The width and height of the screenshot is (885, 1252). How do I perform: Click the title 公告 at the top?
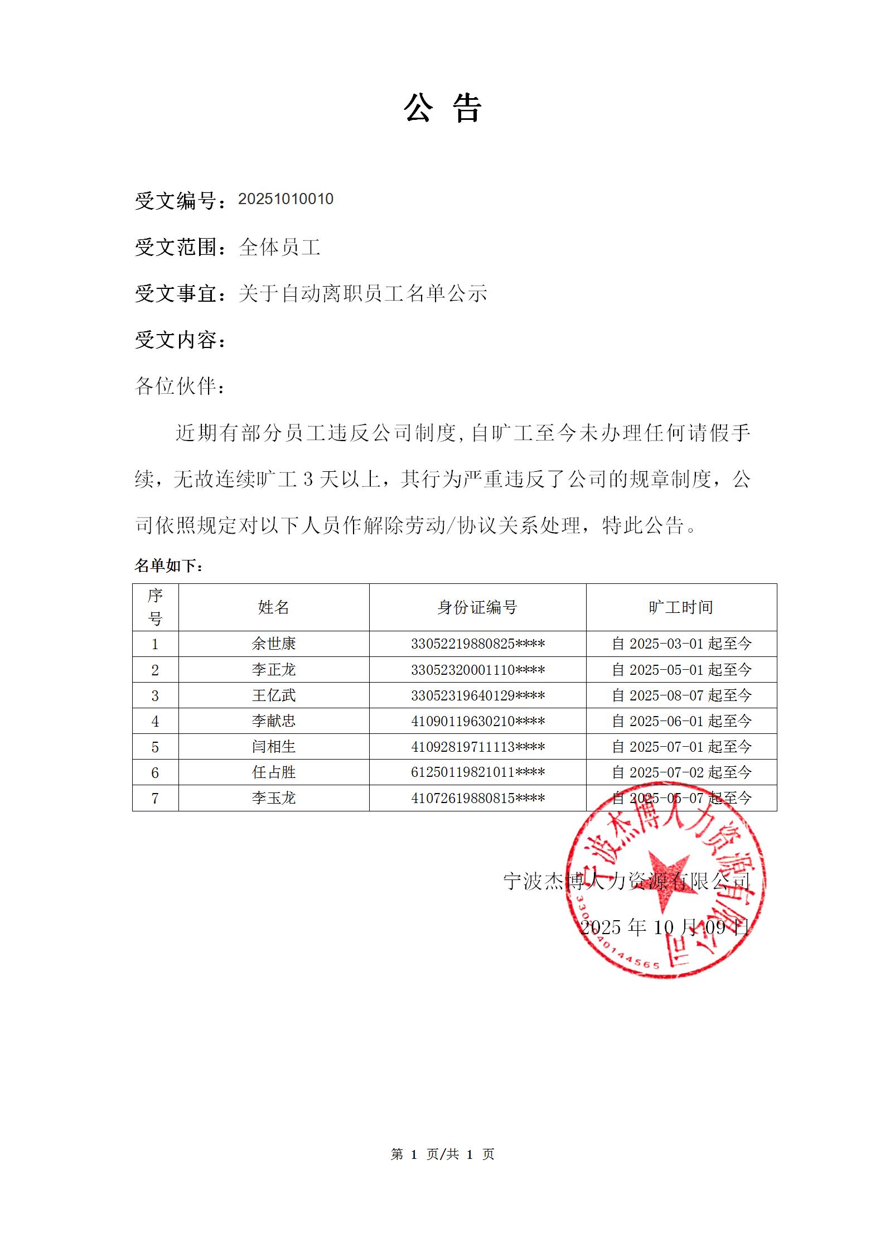[442, 108]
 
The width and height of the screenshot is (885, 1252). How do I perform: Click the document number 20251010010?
[286, 199]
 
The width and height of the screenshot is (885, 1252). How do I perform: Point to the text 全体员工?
[279, 247]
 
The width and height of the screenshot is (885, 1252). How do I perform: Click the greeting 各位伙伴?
[180, 386]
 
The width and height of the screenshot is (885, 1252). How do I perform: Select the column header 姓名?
[273, 607]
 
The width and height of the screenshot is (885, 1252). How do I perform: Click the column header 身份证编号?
[477, 607]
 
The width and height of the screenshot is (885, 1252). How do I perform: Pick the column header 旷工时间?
[681, 607]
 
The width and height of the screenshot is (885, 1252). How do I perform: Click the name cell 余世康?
[273, 644]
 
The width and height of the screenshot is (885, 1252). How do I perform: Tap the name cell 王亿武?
[273, 695]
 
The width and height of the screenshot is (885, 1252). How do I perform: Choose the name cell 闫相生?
[273, 747]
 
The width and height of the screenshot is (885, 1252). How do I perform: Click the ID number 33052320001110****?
[478, 670]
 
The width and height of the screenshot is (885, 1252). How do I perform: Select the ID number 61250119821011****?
[478, 772]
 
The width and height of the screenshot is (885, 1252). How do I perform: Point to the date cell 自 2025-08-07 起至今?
[681, 695]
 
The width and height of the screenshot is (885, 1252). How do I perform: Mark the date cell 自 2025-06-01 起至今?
[681, 721]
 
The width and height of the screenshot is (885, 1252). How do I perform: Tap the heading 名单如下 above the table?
[169, 566]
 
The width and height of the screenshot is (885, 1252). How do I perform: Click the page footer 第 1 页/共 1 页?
[443, 1154]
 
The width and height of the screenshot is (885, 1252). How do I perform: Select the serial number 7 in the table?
[155, 799]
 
